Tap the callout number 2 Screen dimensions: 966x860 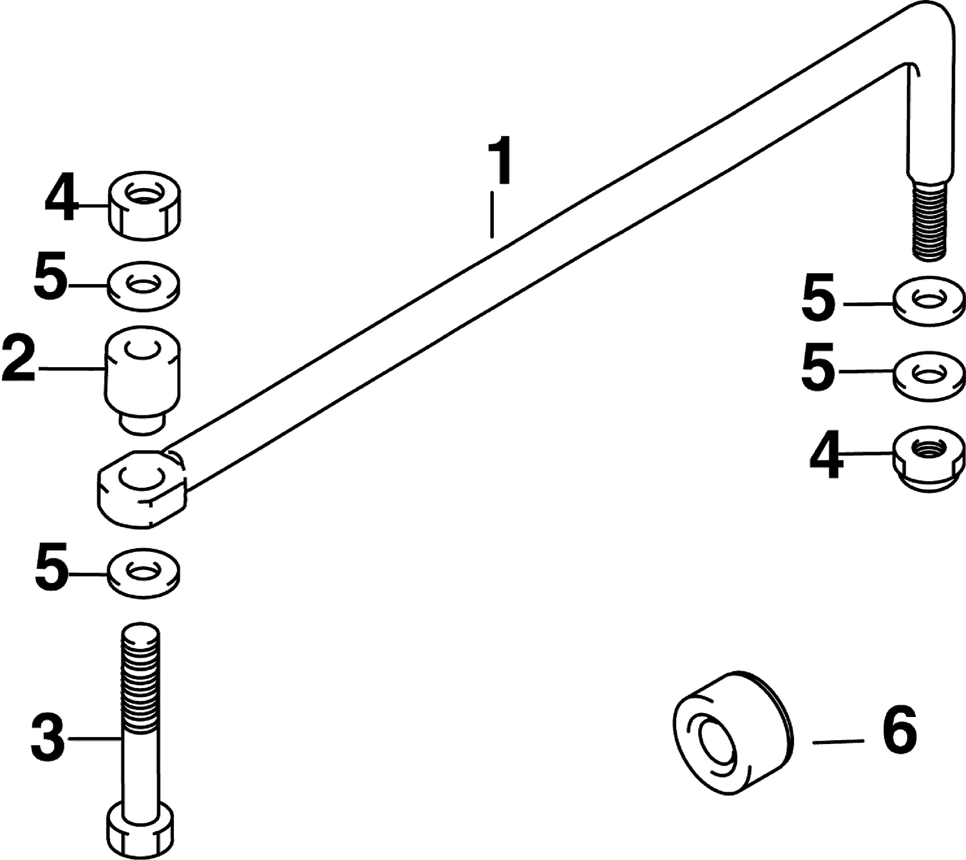(x=19, y=358)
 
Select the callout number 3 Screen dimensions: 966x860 (x=48, y=738)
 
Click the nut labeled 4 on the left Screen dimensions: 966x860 (x=144, y=205)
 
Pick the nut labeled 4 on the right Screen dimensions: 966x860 (x=929, y=459)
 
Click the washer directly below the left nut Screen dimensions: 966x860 (x=144, y=286)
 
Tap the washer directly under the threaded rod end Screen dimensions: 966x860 (x=929, y=301)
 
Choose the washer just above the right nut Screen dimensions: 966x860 (x=929, y=376)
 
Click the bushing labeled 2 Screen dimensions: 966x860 (x=142, y=380)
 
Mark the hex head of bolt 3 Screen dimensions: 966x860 (x=140, y=829)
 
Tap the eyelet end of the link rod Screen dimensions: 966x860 (x=142, y=488)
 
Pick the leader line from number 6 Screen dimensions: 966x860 (x=838, y=741)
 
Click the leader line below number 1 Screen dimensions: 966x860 (x=491, y=215)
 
